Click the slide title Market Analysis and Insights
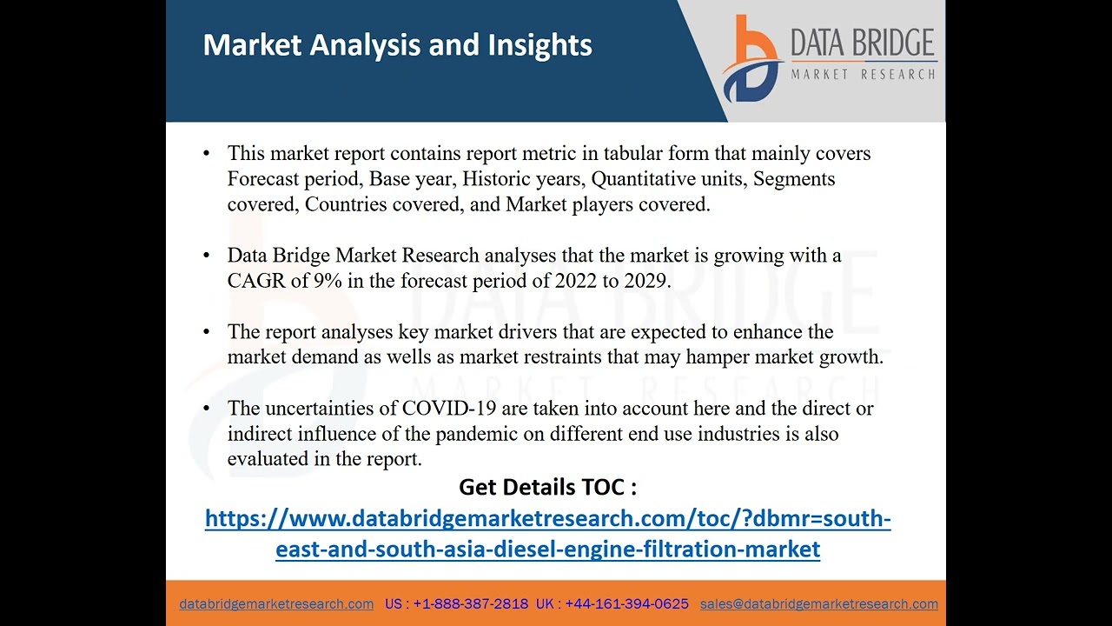(x=397, y=45)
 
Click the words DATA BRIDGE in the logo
(x=862, y=43)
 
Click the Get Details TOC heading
(x=547, y=487)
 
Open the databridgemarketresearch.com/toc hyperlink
(x=547, y=520)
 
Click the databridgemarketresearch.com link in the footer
(x=276, y=603)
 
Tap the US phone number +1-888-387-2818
(x=470, y=603)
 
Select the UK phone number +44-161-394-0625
(x=627, y=603)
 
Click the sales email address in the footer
(x=818, y=603)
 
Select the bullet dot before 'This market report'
(x=207, y=154)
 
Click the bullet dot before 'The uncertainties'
(x=207, y=408)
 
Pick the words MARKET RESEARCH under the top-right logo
(x=862, y=75)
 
